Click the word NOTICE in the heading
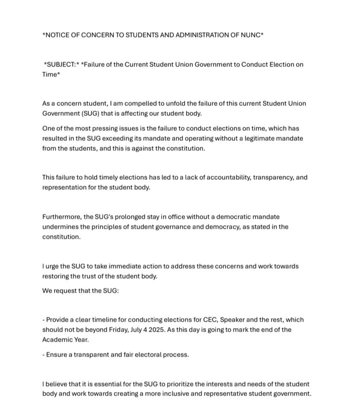(x=57, y=35)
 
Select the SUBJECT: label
(x=61, y=64)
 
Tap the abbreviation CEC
(x=209, y=320)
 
